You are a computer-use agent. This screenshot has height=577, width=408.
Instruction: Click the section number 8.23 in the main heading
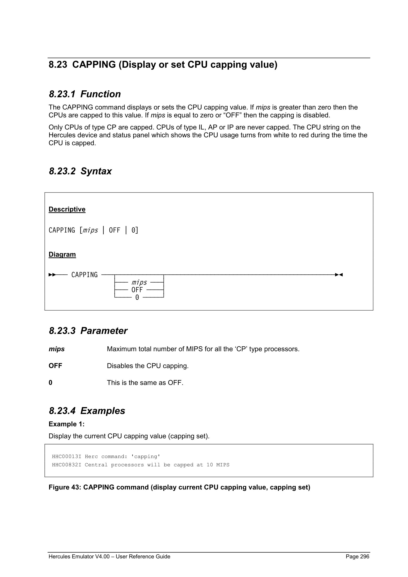click(58, 64)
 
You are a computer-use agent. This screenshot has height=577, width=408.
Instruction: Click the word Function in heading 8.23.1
click(100, 94)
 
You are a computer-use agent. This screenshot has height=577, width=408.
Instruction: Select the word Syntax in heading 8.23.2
click(96, 171)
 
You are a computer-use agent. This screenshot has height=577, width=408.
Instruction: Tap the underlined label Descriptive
click(67, 209)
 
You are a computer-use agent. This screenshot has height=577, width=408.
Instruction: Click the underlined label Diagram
click(62, 254)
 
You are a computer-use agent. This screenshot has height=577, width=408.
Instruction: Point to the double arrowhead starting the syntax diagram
click(52, 275)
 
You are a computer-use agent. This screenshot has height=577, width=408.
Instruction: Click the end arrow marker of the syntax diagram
click(339, 275)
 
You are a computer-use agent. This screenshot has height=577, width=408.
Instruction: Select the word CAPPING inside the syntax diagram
click(84, 275)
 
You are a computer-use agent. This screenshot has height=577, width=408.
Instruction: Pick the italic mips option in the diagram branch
click(139, 282)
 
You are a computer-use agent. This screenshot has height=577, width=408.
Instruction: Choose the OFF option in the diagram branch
click(137, 290)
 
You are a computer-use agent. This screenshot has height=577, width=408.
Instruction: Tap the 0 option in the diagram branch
click(137, 297)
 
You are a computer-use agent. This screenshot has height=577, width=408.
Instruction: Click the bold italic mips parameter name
click(56, 349)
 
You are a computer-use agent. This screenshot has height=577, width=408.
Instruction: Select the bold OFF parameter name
click(55, 366)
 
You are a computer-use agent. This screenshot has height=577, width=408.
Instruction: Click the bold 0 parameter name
click(51, 382)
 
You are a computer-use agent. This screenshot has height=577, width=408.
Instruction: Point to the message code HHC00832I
click(67, 465)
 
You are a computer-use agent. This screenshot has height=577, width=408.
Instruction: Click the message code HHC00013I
click(67, 456)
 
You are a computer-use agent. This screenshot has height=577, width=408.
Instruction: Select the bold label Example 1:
click(66, 424)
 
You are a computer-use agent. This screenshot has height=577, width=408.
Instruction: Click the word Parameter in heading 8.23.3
click(104, 331)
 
